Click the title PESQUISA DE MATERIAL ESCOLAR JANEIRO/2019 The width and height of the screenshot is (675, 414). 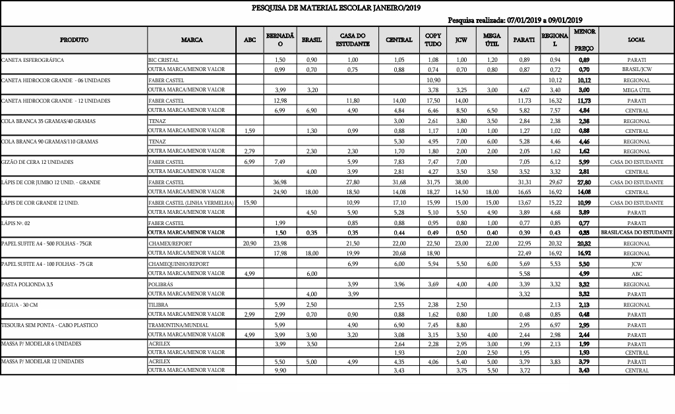click(336, 8)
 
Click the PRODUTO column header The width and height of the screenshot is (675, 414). click(74, 39)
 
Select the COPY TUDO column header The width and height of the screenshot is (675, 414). click(433, 39)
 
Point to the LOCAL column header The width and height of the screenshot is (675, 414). click(636, 39)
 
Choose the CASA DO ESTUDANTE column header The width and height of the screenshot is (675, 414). click(353, 39)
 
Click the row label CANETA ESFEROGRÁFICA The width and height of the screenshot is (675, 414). click(33, 60)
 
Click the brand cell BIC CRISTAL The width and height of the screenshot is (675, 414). click(163, 60)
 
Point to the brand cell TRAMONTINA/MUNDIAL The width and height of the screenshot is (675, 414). click(179, 325)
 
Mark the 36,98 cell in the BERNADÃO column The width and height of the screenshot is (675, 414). click(279, 182)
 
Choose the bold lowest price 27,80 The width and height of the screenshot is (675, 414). click(583, 182)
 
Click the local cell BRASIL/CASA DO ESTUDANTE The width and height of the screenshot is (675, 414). click(636, 233)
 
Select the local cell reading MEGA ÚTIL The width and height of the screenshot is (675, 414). click(636, 90)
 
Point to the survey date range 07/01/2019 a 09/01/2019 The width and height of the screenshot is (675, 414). click(544, 20)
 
